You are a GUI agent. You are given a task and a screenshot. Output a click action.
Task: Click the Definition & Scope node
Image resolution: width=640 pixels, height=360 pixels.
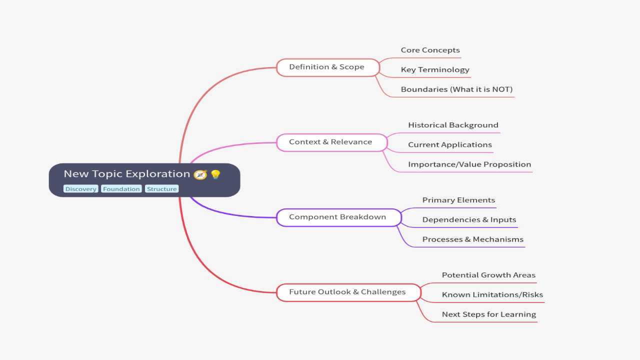click(x=327, y=67)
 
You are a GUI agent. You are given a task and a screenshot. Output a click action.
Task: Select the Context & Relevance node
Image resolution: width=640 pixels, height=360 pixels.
click(x=330, y=142)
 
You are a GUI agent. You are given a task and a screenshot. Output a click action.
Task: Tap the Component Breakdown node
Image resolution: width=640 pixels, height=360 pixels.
click(x=337, y=217)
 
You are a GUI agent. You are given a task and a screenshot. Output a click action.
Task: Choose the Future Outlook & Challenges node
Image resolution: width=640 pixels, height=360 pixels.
click(x=347, y=292)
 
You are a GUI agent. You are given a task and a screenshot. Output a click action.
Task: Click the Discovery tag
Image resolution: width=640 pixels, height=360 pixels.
click(x=80, y=189)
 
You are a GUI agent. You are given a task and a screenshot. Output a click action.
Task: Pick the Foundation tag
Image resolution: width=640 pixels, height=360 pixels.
click(x=121, y=189)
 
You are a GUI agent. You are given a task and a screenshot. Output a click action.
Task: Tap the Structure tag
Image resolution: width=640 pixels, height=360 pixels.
click(x=161, y=189)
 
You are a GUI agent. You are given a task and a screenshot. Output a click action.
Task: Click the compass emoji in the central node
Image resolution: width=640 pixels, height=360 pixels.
click(x=200, y=174)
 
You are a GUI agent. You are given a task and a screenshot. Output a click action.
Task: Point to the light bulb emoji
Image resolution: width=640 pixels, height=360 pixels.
click(x=215, y=174)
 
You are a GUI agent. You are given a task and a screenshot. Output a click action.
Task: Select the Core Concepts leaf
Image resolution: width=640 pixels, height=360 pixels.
click(x=430, y=50)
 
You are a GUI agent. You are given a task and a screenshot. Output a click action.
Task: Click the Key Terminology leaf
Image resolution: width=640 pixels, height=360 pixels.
click(x=435, y=69)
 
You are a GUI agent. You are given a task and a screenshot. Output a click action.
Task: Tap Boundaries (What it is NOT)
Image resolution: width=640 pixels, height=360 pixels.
click(x=456, y=89)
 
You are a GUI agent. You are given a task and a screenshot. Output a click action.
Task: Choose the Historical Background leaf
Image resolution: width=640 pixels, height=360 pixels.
click(x=453, y=125)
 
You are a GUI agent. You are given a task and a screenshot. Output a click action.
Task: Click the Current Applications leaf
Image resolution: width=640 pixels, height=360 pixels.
click(x=449, y=144)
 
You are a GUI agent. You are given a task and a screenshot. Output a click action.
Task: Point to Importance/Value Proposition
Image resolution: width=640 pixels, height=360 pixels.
click(x=469, y=164)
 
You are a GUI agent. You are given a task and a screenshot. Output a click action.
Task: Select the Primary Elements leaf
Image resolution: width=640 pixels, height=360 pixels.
click(x=458, y=200)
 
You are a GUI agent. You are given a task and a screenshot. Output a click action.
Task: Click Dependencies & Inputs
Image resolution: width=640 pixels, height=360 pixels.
click(x=469, y=219)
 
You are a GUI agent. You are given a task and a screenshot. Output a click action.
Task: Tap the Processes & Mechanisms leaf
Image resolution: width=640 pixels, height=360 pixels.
click(x=472, y=239)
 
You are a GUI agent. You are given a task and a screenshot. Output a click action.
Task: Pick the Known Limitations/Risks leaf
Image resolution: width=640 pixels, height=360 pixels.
click(x=492, y=295)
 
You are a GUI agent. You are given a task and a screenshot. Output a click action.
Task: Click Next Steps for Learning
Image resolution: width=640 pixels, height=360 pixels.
click(x=488, y=314)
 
